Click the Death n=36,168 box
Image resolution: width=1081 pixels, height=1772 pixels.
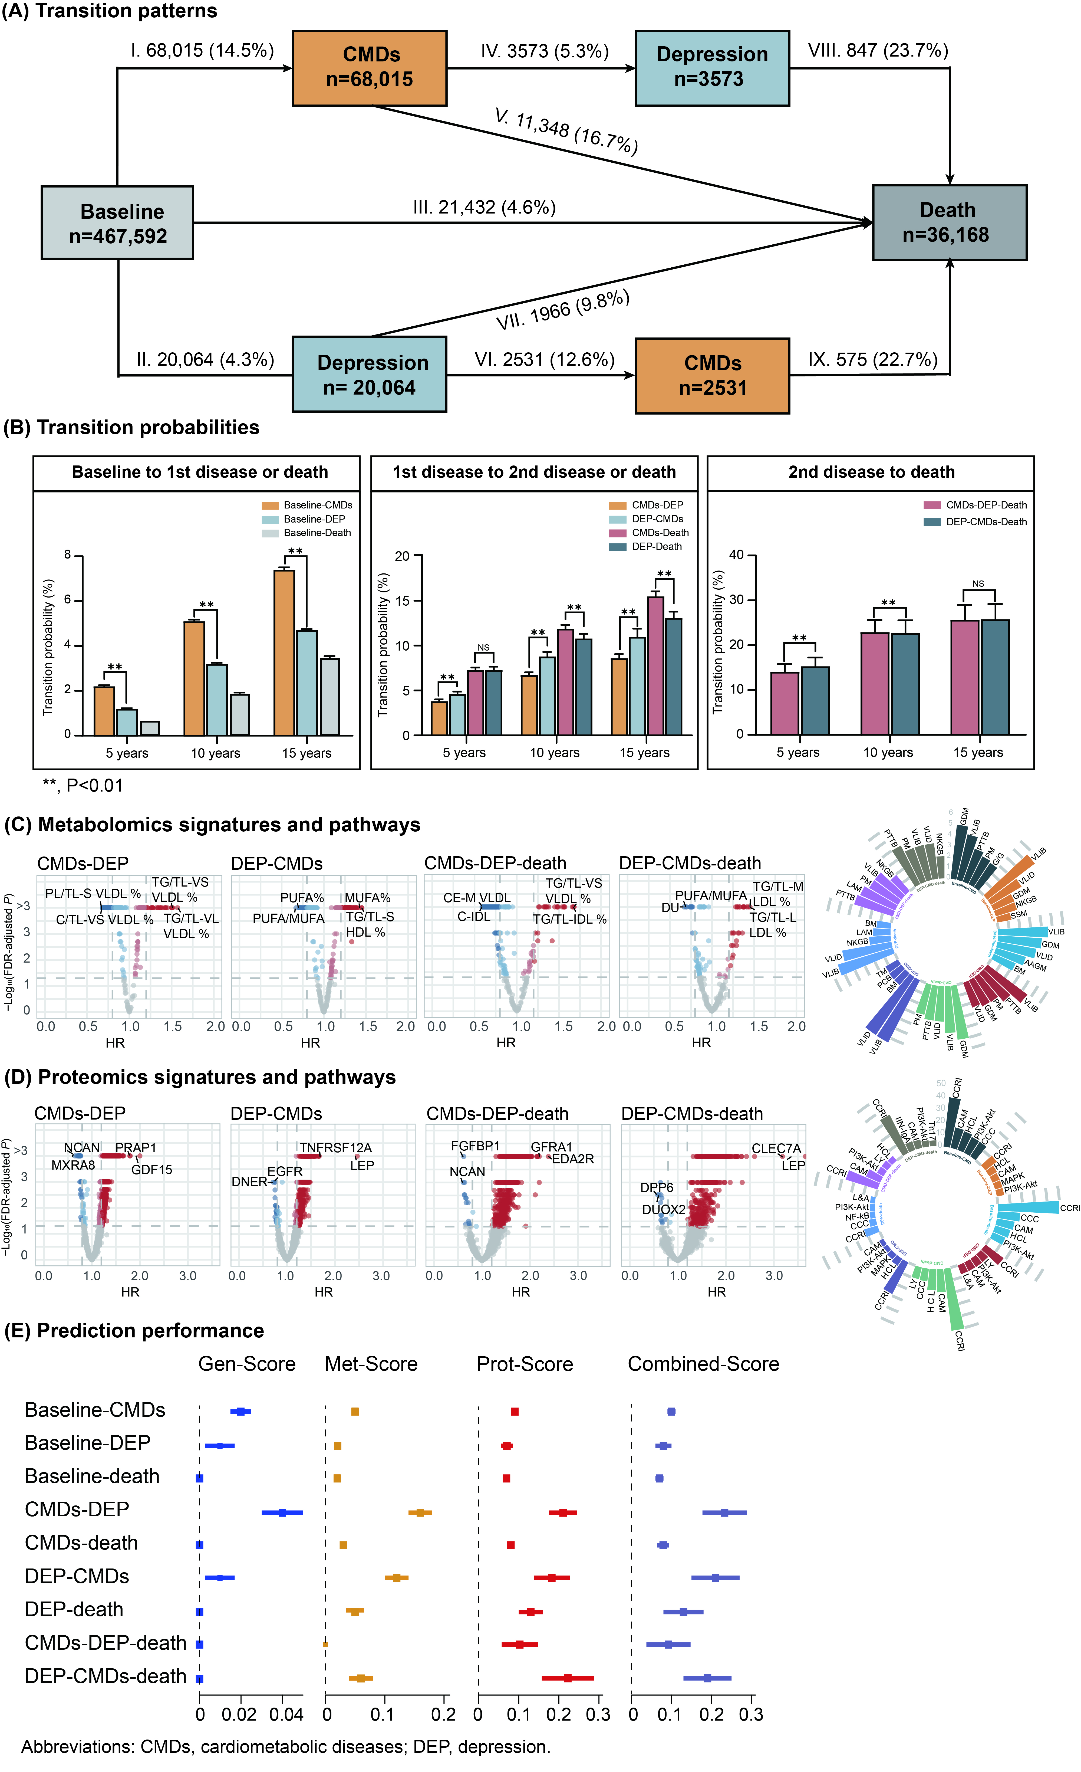tap(949, 222)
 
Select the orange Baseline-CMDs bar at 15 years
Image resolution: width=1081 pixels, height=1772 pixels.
tap(284, 652)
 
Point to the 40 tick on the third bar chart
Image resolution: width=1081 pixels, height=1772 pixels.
tap(737, 554)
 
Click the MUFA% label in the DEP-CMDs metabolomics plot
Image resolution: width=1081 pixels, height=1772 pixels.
tap(367, 898)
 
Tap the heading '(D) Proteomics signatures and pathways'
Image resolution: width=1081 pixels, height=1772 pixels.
tap(200, 1077)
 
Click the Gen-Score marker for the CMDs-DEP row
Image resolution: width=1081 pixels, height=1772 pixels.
tap(282, 1512)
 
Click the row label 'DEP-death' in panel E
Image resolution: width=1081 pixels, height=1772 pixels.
tap(74, 1609)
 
